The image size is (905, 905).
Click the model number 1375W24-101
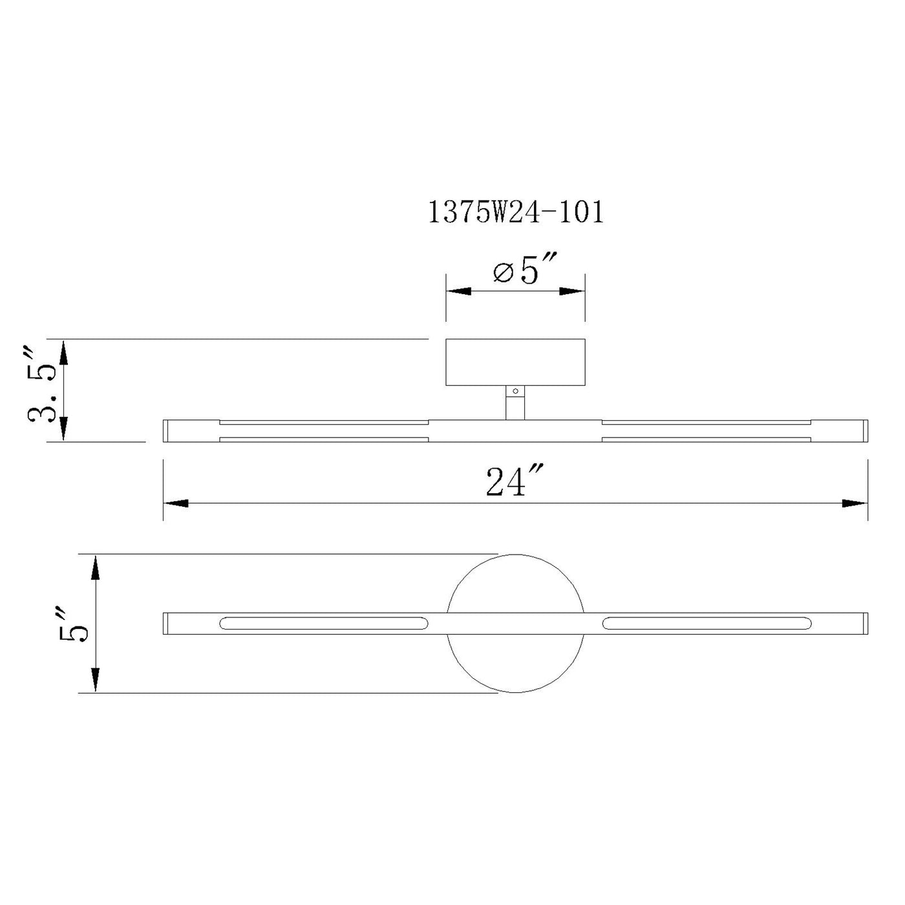coord(515,213)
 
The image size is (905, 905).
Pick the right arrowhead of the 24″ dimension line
coord(855,504)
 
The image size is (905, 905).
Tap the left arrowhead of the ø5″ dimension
coord(458,291)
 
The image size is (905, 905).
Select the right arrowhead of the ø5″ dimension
coord(572,291)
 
